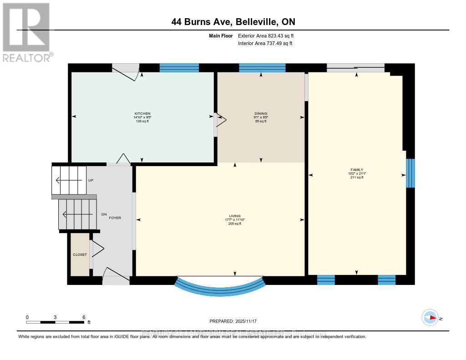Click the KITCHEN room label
click(142, 113)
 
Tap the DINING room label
click(261, 113)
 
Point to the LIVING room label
click(235, 216)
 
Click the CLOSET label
click(80, 254)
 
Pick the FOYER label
click(115, 218)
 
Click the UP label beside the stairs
click(91, 180)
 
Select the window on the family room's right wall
click(410, 173)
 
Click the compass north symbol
click(430, 317)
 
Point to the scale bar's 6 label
click(84, 317)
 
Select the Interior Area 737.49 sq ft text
click(265, 43)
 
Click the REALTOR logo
click(26, 32)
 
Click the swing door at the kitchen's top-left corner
click(126, 72)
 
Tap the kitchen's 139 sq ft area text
click(142, 122)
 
